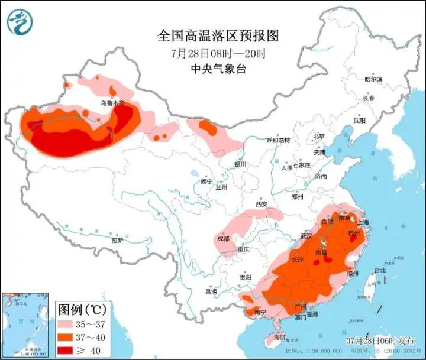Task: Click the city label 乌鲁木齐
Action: [112, 103]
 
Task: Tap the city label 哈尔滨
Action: [373, 79]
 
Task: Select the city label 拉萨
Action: [117, 240]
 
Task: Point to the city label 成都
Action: [223, 239]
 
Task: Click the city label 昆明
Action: [211, 291]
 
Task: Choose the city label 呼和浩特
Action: [278, 141]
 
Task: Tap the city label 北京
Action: [319, 136]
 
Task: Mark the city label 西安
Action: [262, 204]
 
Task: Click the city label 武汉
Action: [306, 236]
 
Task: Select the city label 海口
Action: [279, 338]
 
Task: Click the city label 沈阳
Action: [359, 120]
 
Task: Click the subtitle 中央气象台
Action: [218, 69]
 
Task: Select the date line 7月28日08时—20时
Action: [218, 53]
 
